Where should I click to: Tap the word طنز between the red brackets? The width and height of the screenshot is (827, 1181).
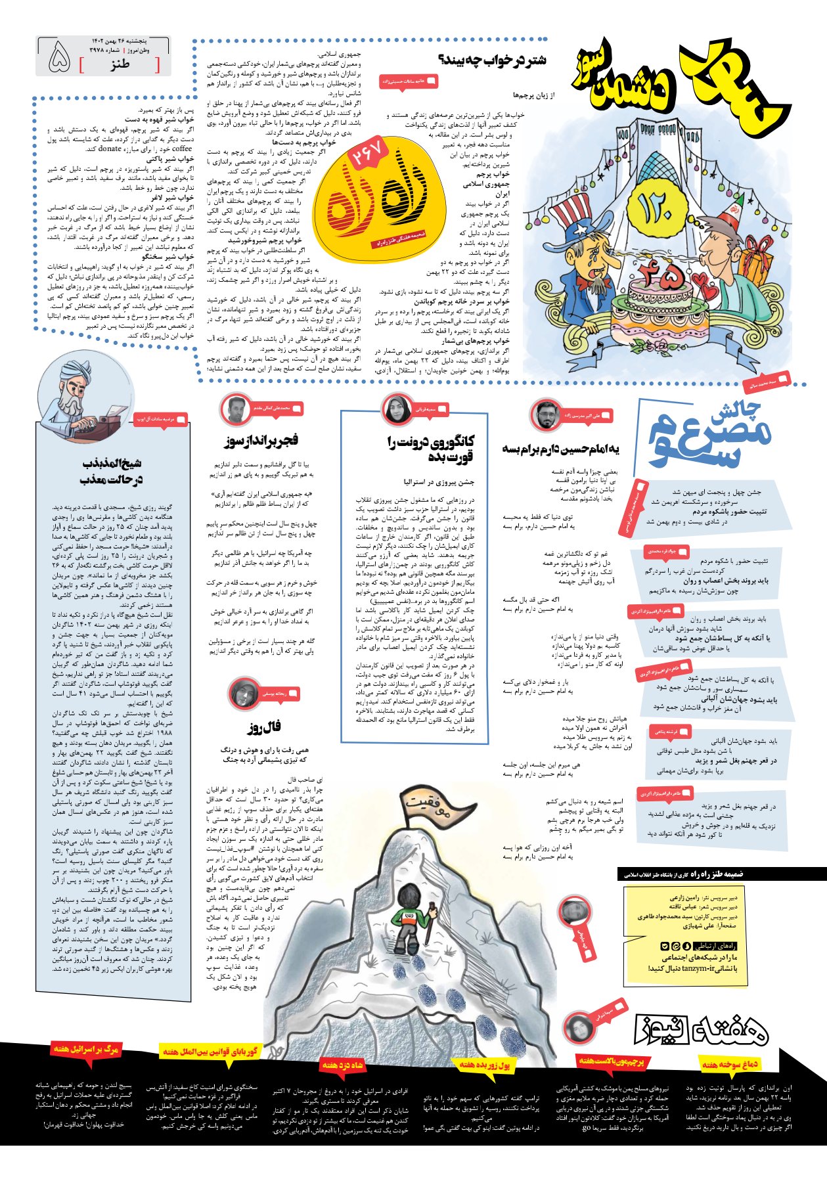[120, 64]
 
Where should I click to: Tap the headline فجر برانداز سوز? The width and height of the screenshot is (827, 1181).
[260, 439]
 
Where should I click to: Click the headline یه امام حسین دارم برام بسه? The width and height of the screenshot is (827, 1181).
[560, 449]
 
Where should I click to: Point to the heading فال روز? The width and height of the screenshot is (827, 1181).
[264, 726]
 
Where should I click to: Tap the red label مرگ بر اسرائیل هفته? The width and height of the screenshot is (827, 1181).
[87, 1049]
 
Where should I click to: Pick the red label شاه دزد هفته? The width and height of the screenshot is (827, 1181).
[342, 1065]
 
